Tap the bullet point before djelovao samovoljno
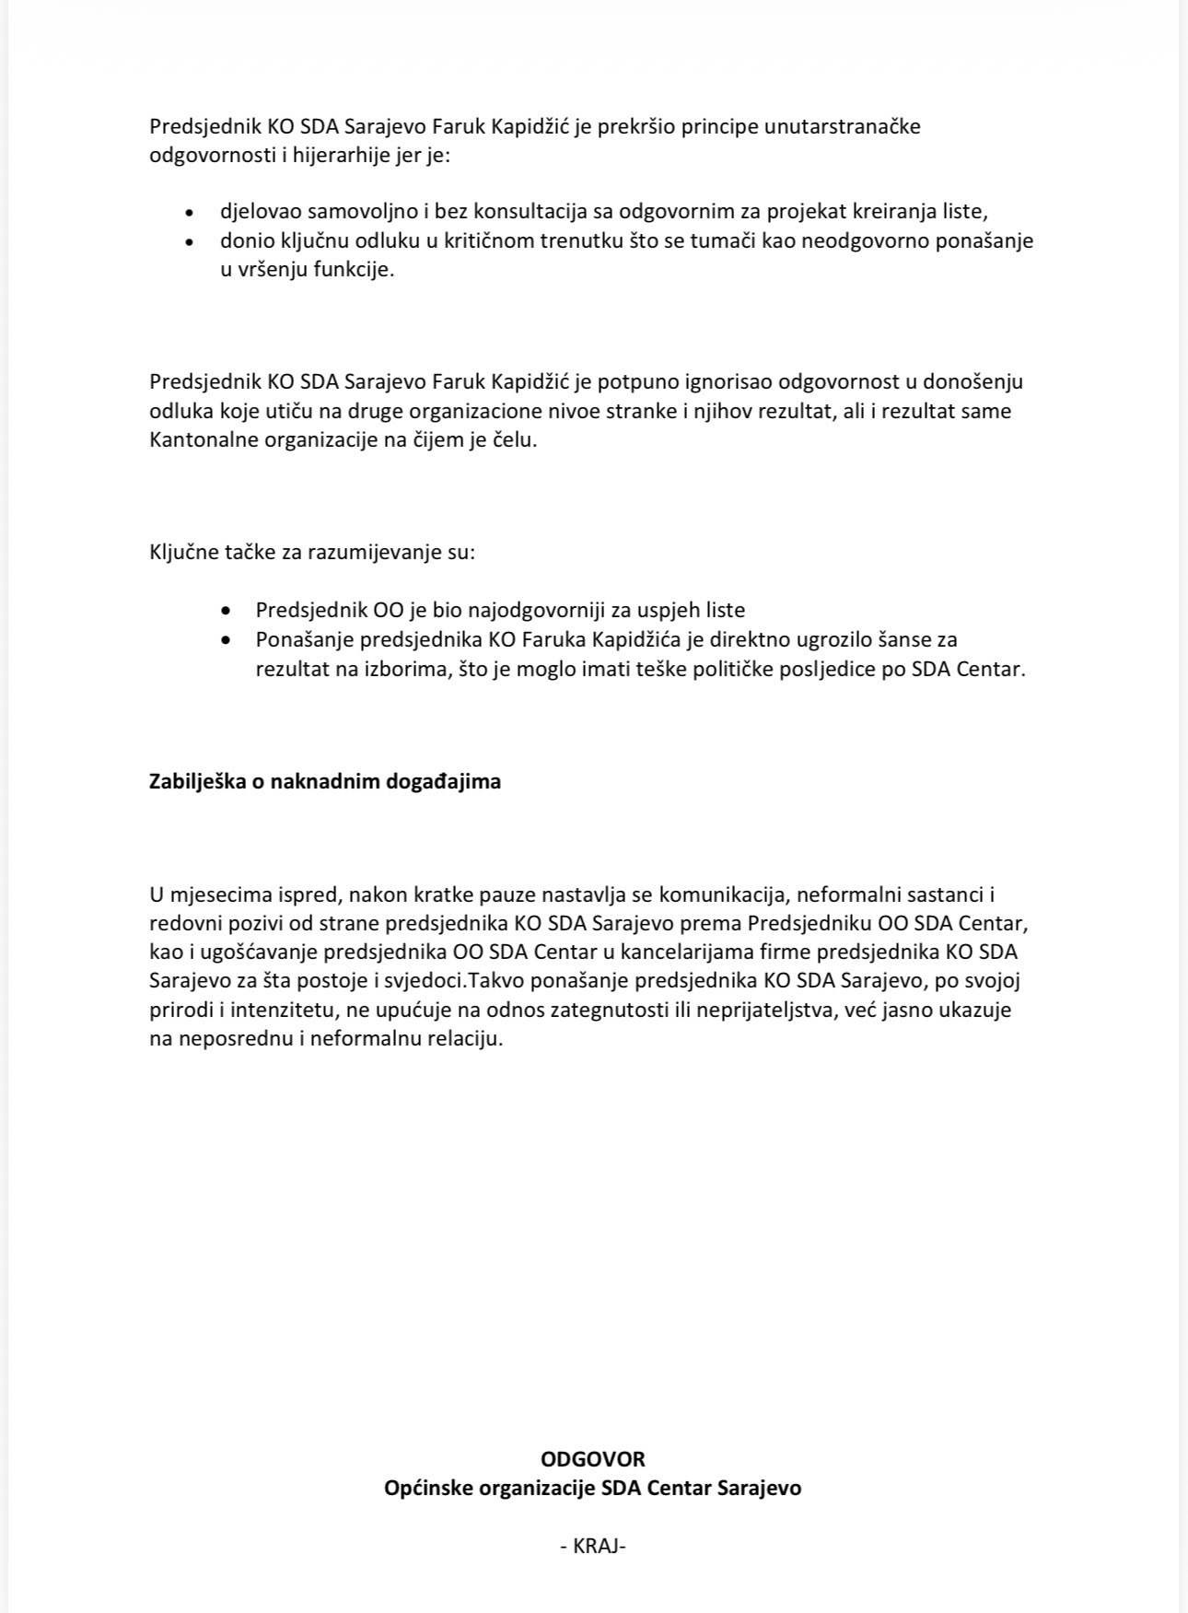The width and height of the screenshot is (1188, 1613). click(x=190, y=212)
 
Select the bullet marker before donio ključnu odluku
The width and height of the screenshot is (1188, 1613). click(x=190, y=241)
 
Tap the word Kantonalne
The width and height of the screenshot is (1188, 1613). click(x=204, y=440)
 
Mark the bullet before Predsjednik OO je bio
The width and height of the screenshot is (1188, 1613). click(x=227, y=611)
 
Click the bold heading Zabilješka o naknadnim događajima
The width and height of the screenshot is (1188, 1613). click(x=325, y=782)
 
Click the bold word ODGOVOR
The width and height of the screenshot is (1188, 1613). click(x=593, y=1459)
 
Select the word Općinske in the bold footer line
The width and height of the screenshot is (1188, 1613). click(x=426, y=1488)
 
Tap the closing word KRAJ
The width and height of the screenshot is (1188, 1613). click(x=594, y=1547)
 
